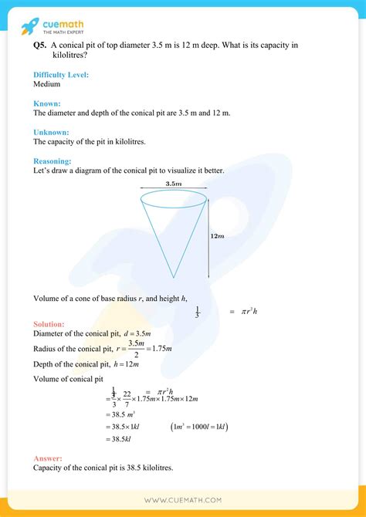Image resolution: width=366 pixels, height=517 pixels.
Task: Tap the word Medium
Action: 47,84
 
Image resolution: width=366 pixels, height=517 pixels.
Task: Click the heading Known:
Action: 47,103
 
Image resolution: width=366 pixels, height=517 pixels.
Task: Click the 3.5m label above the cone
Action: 173,184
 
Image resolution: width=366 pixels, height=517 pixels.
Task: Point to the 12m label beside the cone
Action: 217,238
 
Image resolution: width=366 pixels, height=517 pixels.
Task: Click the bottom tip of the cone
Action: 173,276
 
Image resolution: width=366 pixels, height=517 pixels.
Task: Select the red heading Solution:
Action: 49,324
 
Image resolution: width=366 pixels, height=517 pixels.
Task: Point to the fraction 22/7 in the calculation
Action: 127,397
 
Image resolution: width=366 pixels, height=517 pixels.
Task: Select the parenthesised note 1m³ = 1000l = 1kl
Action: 198,427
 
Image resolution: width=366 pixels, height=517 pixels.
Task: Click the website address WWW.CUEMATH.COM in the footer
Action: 182,500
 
